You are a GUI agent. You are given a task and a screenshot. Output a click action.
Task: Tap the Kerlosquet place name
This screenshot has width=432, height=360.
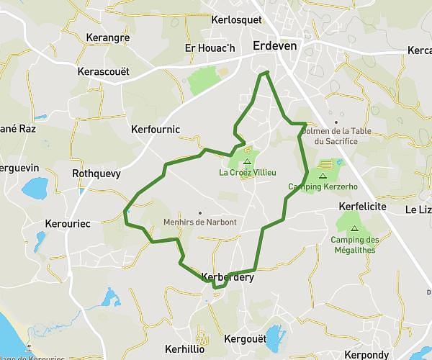pyautogui.click(x=237, y=20)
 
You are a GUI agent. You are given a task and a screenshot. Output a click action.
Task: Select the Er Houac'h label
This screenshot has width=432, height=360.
pyautogui.click(x=210, y=48)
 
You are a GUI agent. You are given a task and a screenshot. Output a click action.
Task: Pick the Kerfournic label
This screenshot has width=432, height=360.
pyautogui.click(x=156, y=130)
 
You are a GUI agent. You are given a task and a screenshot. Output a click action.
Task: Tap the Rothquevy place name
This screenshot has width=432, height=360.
pyautogui.click(x=96, y=174)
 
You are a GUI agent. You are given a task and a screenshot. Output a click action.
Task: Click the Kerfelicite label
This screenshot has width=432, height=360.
pyautogui.click(x=362, y=207)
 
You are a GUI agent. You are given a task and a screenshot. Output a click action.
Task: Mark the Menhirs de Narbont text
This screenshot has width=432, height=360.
pyautogui.click(x=200, y=222)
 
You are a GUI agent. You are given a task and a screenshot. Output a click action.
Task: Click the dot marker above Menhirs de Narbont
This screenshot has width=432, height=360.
pyautogui.click(x=200, y=212)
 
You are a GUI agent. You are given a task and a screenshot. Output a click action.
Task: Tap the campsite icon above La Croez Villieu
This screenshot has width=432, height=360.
pyautogui.click(x=247, y=162)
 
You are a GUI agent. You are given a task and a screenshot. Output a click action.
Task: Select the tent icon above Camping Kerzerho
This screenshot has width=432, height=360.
pyautogui.click(x=323, y=176)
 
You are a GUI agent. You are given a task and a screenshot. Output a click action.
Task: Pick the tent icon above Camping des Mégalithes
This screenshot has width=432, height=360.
pyautogui.click(x=355, y=228)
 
